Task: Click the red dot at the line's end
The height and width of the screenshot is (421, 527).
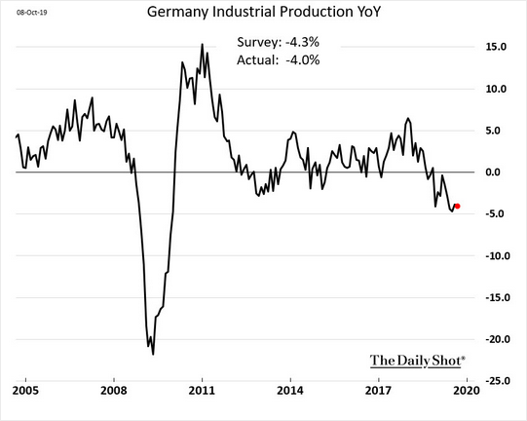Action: pyautogui.click(x=458, y=206)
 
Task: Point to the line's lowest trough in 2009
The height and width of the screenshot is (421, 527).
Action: pyautogui.click(x=154, y=354)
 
